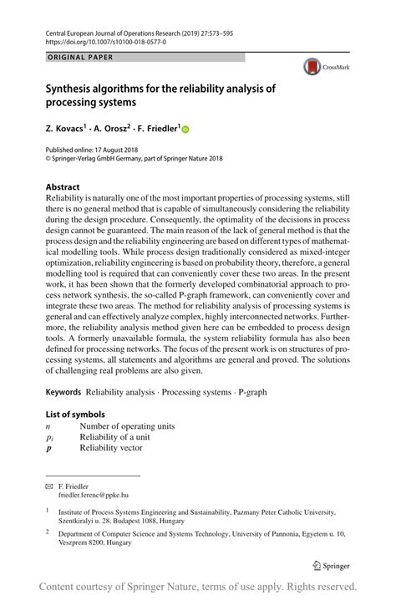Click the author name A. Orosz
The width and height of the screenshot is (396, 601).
click(x=120, y=129)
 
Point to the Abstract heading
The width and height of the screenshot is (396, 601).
click(x=63, y=186)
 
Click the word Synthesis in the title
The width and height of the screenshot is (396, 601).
click(x=74, y=89)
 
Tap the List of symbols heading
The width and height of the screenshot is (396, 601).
click(x=75, y=414)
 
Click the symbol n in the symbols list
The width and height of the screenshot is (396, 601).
click(x=48, y=425)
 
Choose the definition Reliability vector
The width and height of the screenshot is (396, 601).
click(x=111, y=448)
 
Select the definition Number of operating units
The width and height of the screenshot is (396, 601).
click(x=127, y=425)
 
